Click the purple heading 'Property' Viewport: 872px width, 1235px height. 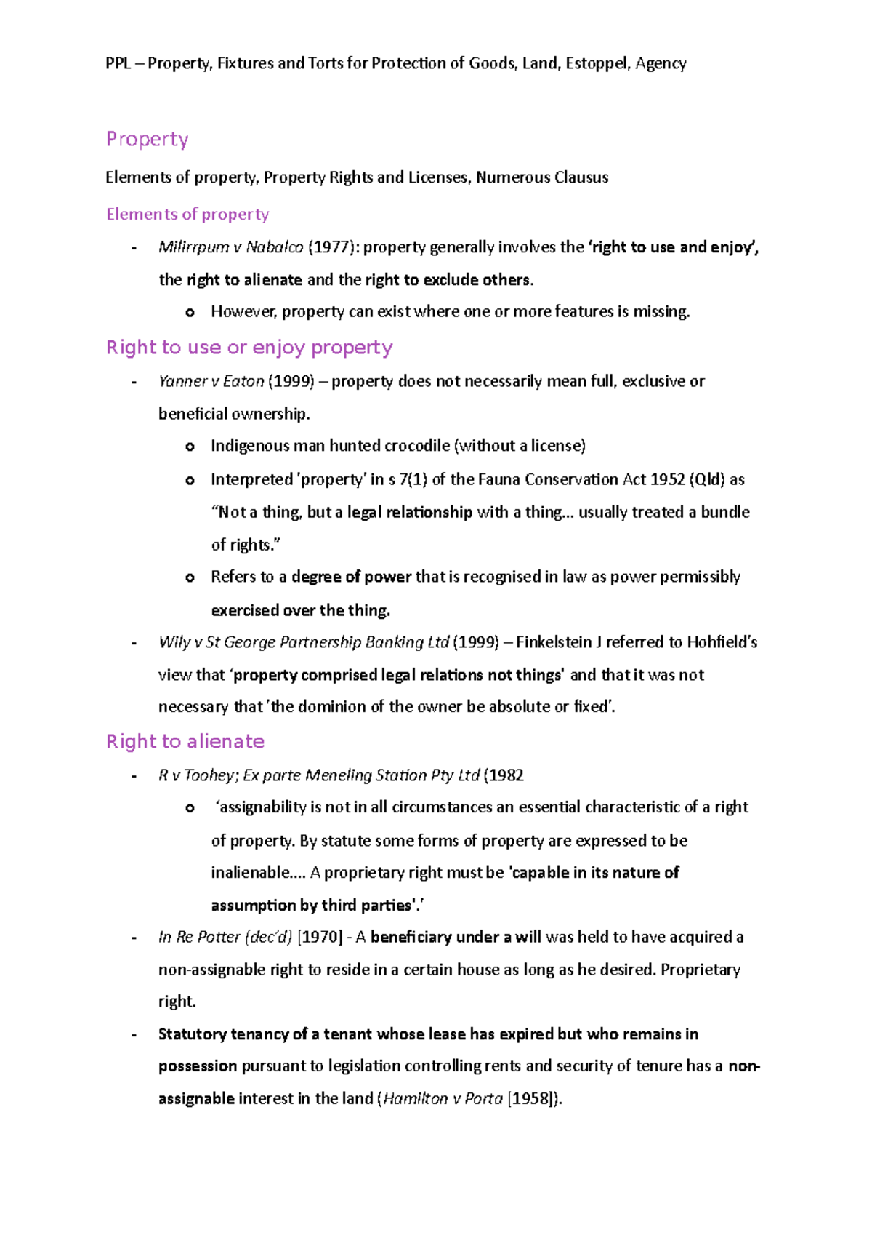pos(147,139)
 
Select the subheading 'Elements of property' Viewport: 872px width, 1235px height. pos(187,215)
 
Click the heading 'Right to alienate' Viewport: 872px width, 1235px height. pos(185,741)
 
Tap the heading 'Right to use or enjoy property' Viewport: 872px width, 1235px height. pos(249,348)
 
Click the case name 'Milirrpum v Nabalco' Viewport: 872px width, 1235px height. pos(230,247)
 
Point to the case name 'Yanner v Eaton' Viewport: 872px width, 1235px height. pos(211,381)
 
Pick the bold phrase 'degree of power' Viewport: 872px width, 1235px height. pos(351,577)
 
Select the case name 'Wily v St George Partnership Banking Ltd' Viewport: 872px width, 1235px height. pos(304,642)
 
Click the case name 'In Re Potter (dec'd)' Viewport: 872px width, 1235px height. pos(225,937)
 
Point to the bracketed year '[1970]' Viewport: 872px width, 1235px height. pos(320,937)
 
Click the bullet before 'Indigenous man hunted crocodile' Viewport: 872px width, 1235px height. pos(190,447)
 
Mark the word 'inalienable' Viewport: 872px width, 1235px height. pos(249,872)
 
